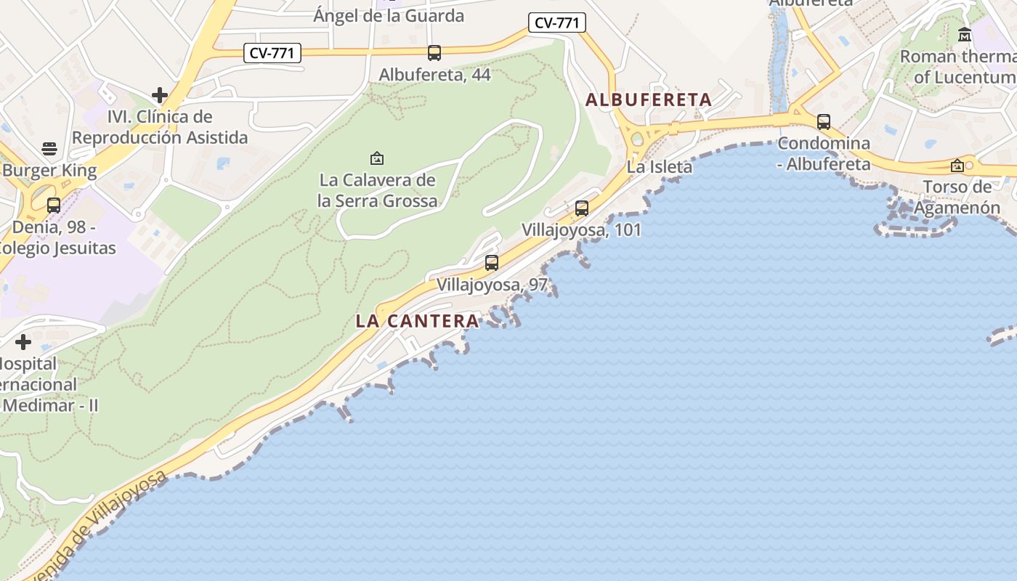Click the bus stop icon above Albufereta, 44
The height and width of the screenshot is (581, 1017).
434,53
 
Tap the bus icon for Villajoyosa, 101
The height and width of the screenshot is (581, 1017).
581,208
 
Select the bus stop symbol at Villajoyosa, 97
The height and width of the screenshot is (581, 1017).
492,263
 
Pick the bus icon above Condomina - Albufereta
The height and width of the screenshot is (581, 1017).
823,122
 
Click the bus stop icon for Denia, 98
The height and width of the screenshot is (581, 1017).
53,206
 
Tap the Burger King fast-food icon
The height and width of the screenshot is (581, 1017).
49,149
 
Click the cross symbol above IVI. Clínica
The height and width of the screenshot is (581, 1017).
160,95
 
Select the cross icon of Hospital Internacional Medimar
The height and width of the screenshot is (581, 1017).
23,342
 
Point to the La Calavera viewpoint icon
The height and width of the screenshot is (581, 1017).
376,158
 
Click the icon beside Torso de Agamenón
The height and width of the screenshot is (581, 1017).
957,166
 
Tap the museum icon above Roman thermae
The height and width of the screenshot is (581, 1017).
965,34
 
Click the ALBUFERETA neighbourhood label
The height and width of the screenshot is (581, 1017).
648,99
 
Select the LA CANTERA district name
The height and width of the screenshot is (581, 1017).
417,320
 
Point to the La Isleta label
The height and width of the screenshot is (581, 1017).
660,167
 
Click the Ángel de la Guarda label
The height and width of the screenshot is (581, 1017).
388,15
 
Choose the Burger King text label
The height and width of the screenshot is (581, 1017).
49,171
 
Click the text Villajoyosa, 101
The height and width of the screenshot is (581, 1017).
581,230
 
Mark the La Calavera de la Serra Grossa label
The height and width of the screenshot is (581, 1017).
378,190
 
